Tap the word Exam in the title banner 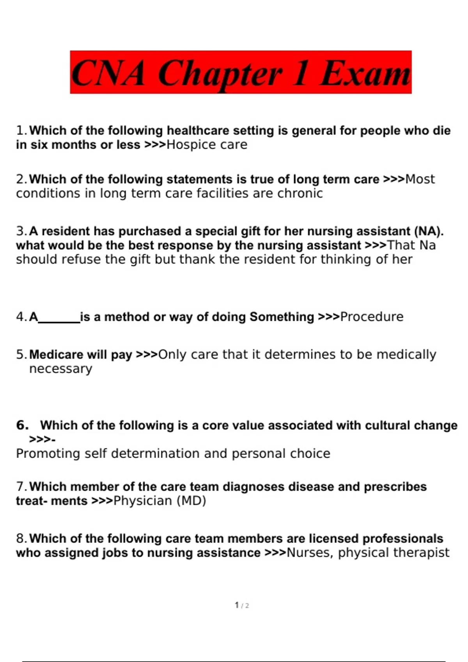coord(365,73)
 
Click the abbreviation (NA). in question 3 coord(429,231)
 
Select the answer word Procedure coord(372,317)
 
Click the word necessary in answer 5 coord(61,369)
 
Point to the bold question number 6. coord(22,425)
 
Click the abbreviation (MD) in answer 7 coord(191,501)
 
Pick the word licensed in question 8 coord(333,539)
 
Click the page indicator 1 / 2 coord(242,605)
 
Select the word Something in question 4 coord(282,317)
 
